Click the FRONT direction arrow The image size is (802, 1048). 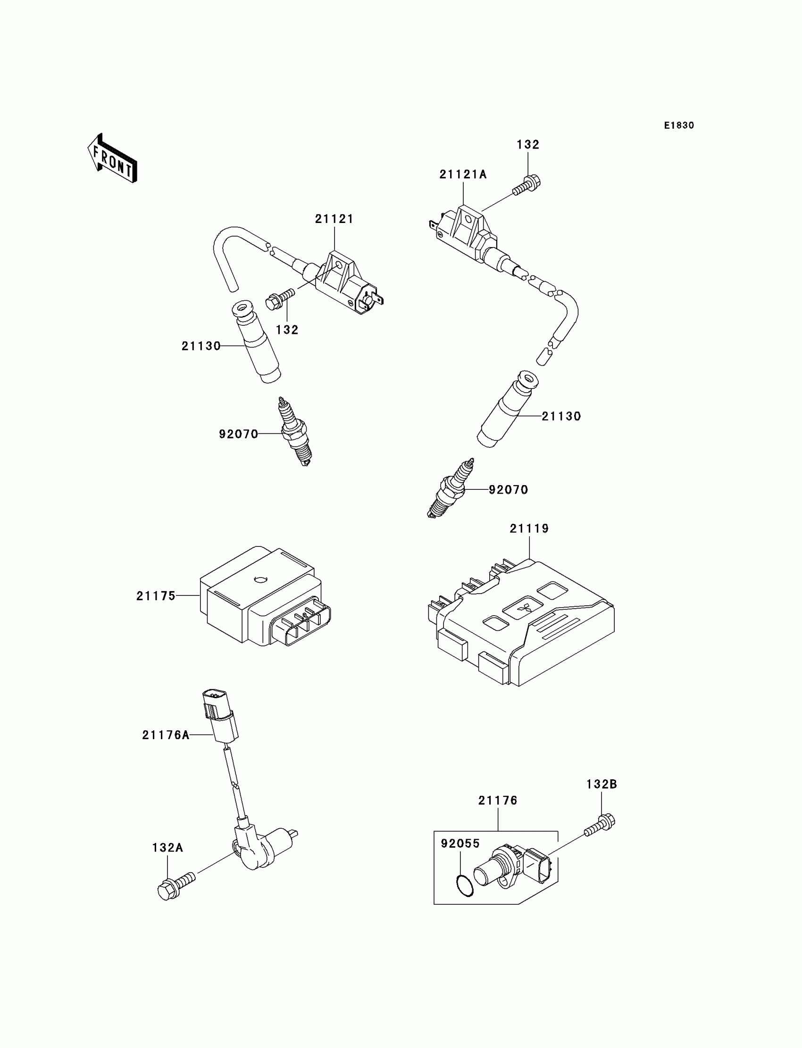[x=113, y=158]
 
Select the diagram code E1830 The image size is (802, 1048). [x=679, y=125]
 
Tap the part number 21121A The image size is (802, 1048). [x=463, y=174]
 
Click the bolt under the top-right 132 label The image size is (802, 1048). [x=526, y=186]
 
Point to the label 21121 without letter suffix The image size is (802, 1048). [x=334, y=219]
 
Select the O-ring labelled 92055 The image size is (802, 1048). [x=465, y=886]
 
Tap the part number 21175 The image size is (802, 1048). [x=156, y=596]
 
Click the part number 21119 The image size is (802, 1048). [x=529, y=528]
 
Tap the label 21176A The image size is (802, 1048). [x=166, y=735]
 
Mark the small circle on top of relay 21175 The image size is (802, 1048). [x=260, y=579]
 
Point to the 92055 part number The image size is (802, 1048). [x=460, y=844]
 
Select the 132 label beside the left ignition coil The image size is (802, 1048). [x=287, y=330]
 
